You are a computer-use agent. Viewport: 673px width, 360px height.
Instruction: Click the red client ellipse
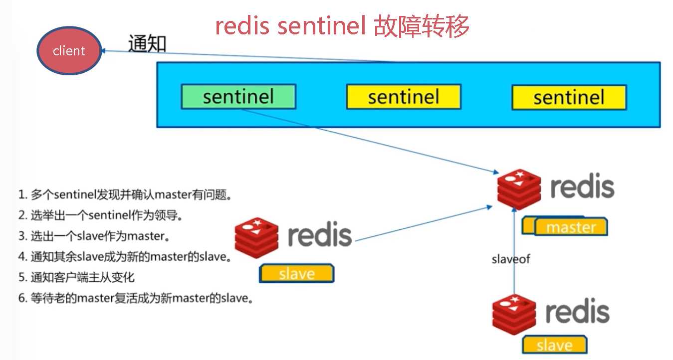69,50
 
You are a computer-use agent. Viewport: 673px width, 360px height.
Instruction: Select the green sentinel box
238,96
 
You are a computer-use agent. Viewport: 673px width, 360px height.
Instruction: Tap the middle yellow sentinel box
404,97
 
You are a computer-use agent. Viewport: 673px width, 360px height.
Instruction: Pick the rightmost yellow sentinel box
569,97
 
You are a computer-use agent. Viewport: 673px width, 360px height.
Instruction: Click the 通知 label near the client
147,43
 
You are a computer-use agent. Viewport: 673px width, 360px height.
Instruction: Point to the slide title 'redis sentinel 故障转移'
342,26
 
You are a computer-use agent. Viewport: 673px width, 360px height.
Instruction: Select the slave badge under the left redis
297,273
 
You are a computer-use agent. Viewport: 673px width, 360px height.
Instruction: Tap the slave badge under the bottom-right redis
555,345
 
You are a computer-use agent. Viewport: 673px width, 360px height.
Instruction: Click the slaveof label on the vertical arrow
511,259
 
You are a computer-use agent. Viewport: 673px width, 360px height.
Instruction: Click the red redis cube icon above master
519,188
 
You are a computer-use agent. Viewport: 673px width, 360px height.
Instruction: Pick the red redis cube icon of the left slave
256,237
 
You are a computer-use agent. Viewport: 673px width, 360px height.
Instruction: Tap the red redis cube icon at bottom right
514,314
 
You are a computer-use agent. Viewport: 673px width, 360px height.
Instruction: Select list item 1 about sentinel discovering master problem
125,194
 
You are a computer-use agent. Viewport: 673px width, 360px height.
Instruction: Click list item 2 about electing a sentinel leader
100,215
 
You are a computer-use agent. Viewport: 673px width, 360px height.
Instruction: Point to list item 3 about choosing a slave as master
94,236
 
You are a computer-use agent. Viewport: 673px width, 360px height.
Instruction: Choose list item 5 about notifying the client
76,277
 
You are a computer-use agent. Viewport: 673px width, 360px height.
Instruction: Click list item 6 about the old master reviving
136,298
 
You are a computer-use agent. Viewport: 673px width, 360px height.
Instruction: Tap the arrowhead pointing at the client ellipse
104,51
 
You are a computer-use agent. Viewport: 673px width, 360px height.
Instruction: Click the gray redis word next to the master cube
582,186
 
